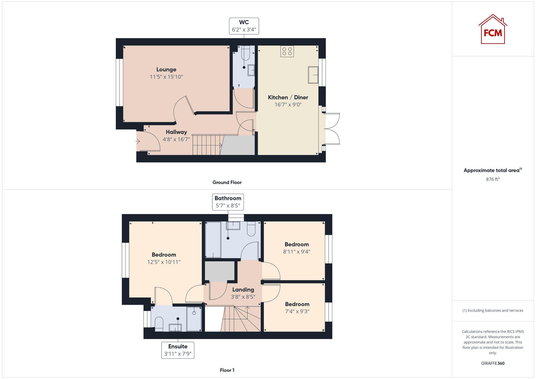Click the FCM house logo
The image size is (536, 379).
click(x=493, y=29)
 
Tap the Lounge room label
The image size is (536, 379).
click(x=166, y=70)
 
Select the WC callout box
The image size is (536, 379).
click(x=244, y=26)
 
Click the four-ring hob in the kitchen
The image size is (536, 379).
click(x=287, y=51)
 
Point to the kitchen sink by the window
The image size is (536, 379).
click(x=313, y=75)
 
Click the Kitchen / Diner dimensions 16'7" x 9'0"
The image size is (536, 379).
click(x=288, y=105)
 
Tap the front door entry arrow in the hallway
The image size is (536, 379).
click(x=137, y=141)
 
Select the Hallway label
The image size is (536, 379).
click(x=176, y=132)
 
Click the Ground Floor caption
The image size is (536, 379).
click(x=227, y=182)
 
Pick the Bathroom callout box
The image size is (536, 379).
click(x=228, y=202)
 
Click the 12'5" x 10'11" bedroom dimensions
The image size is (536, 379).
click(x=164, y=262)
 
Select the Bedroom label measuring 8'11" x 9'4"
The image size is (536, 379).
click(x=296, y=244)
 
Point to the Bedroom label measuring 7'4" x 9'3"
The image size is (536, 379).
click(x=297, y=304)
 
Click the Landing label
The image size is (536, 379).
click(x=243, y=290)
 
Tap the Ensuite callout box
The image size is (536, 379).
click(x=178, y=350)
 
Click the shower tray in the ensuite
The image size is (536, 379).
click(x=194, y=319)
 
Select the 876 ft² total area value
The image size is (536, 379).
click(x=493, y=179)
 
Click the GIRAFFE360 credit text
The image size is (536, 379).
click(x=493, y=363)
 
